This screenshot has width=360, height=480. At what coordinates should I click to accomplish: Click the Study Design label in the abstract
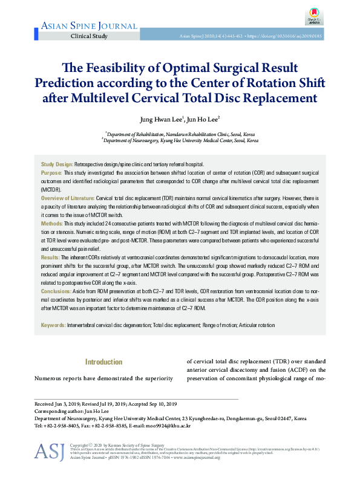tap(56, 164)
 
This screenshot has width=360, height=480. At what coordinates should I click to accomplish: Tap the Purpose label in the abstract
tap(52, 172)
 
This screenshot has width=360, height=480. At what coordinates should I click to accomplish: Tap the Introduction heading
tap(103, 362)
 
